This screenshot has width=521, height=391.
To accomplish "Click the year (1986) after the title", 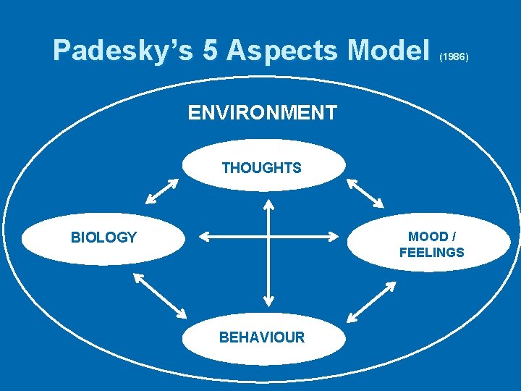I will click(454, 56).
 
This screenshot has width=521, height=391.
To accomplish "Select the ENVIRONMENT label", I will click(262, 113).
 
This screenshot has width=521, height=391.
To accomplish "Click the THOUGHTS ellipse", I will click(261, 167).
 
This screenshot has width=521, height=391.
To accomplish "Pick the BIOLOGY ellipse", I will click(103, 237).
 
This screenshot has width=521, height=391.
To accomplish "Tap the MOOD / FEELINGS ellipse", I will click(431, 245).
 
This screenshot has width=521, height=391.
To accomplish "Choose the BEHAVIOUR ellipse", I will click(262, 337).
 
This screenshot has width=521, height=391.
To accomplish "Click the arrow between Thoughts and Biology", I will click(161, 192).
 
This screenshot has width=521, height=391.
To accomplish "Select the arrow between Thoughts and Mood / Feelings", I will click(365, 192).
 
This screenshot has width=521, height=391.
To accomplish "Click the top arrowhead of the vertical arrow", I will click(268, 206).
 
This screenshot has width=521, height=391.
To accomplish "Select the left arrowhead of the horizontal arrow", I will click(202, 236).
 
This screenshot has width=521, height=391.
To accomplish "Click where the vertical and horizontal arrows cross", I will click(268, 236).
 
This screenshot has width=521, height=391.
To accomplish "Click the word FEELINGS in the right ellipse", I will click(431, 253).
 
